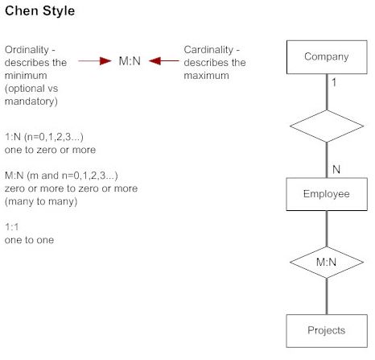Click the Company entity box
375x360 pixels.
pos(327,57)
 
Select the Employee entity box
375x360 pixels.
pos(327,194)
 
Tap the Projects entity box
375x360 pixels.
pos(327,331)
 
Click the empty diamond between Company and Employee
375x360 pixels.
pos(327,126)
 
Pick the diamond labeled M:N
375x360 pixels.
pos(327,263)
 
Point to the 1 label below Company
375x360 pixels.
pos(334,82)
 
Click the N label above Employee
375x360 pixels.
pos(336,169)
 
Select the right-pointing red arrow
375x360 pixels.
pos(95,61)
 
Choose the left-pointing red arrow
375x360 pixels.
pos(164,61)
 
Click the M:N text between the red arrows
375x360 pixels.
pos(130,61)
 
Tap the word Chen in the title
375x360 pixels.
pos(22,11)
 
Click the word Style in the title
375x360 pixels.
pos(59,11)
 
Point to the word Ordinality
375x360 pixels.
pos(27,50)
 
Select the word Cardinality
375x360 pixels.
pos(208,50)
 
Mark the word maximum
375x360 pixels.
pos(206,76)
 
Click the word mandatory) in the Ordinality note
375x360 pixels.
pos(31,101)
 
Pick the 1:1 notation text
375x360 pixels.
pos(12,227)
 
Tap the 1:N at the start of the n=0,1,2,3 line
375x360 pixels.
pos(13,137)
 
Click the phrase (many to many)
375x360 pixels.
pos(41,201)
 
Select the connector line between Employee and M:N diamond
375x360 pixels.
pos(327,229)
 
